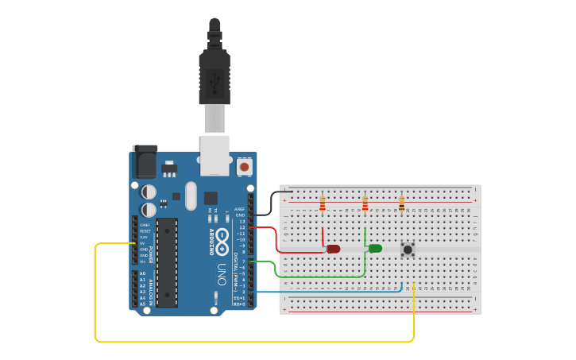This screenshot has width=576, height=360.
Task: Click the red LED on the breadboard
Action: coord(333,249)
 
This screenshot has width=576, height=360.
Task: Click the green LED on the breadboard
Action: coord(375,249)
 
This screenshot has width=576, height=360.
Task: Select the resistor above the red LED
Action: coord(322,205)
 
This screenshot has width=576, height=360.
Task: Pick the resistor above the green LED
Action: coord(365,205)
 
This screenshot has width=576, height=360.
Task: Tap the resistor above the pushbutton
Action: coord(401,205)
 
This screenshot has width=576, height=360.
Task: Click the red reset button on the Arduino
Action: coord(244,167)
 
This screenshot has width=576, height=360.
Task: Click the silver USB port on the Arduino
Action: coord(215,155)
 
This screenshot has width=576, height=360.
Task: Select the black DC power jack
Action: coord(145,162)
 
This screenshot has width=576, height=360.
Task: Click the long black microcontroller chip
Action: coord(167,261)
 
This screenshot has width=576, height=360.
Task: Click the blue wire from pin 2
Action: coord(334,292)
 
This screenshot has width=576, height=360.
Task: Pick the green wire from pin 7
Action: coord(318,277)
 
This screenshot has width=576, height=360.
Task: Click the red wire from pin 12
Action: coord(276,238)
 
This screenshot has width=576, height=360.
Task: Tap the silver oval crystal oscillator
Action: coord(190,195)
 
